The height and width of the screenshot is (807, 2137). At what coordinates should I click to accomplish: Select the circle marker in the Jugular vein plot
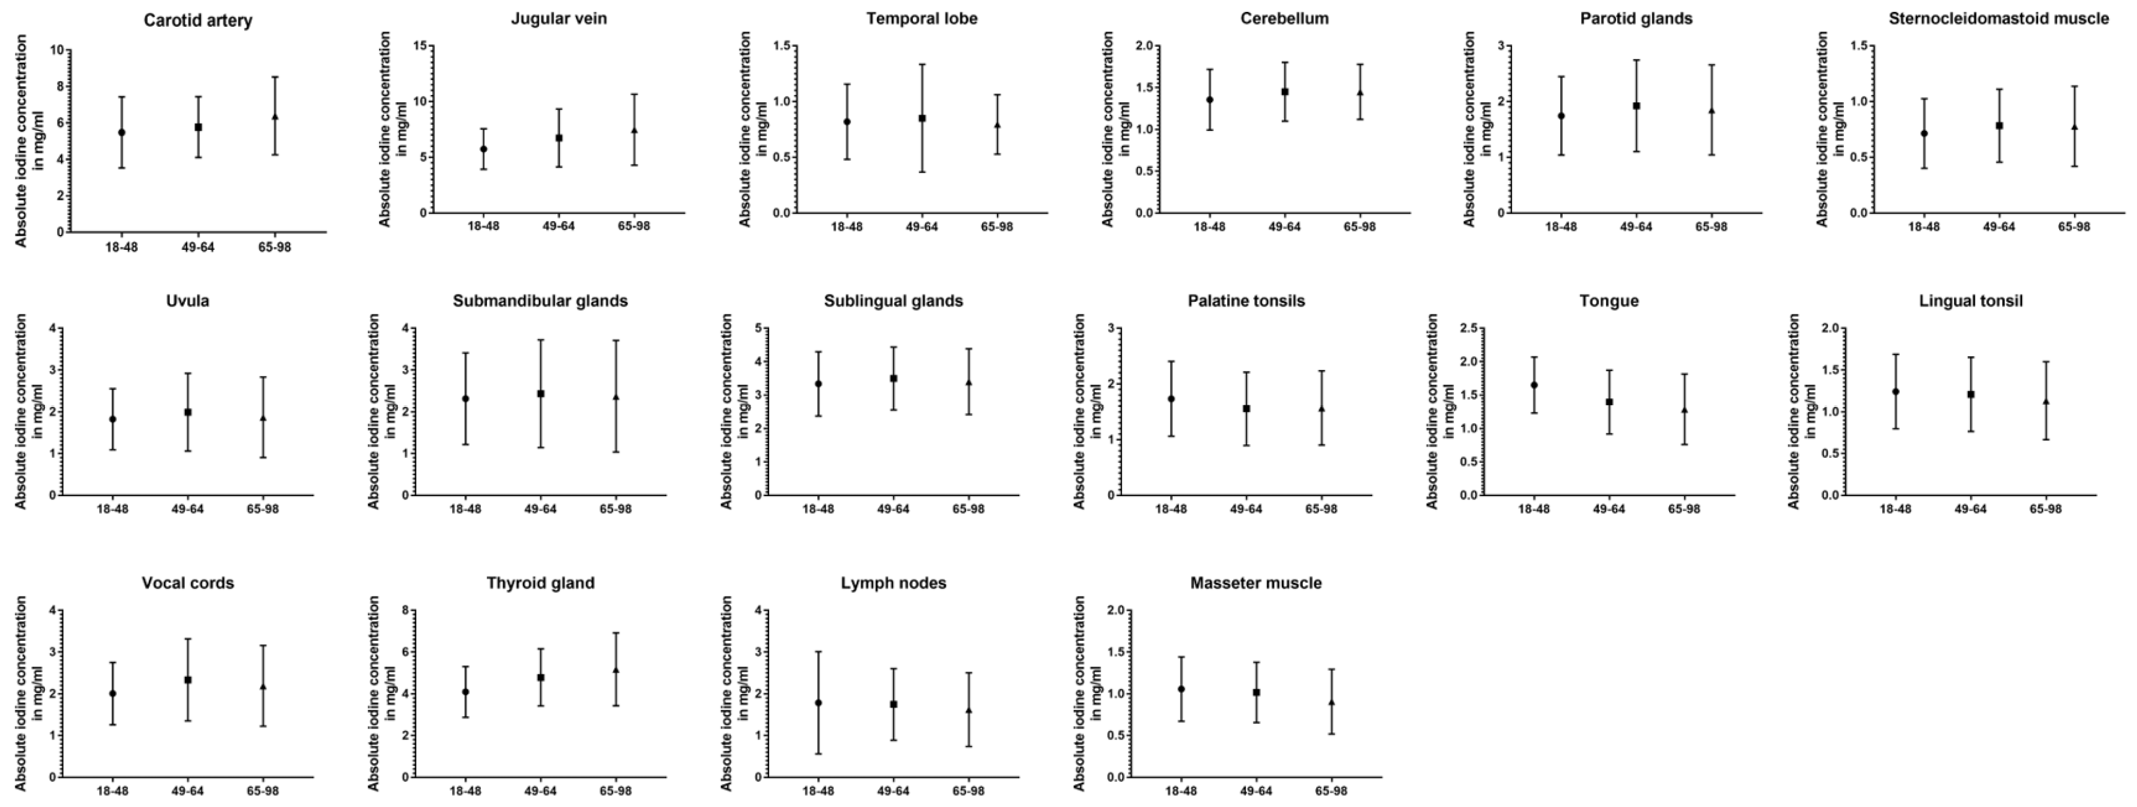(x=484, y=149)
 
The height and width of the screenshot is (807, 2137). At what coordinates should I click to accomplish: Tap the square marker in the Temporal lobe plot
(x=922, y=118)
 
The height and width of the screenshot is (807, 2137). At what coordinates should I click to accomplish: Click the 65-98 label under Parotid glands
(x=1711, y=227)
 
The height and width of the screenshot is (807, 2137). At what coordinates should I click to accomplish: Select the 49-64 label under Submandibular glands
(x=540, y=509)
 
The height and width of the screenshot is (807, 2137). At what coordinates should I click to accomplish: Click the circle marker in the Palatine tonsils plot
(x=1170, y=399)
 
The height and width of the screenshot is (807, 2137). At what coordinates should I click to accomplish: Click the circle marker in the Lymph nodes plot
(x=818, y=702)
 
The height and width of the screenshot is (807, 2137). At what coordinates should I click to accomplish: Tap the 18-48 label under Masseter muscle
(x=1181, y=790)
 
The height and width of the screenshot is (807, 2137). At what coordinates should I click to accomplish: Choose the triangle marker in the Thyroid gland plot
(x=615, y=670)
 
